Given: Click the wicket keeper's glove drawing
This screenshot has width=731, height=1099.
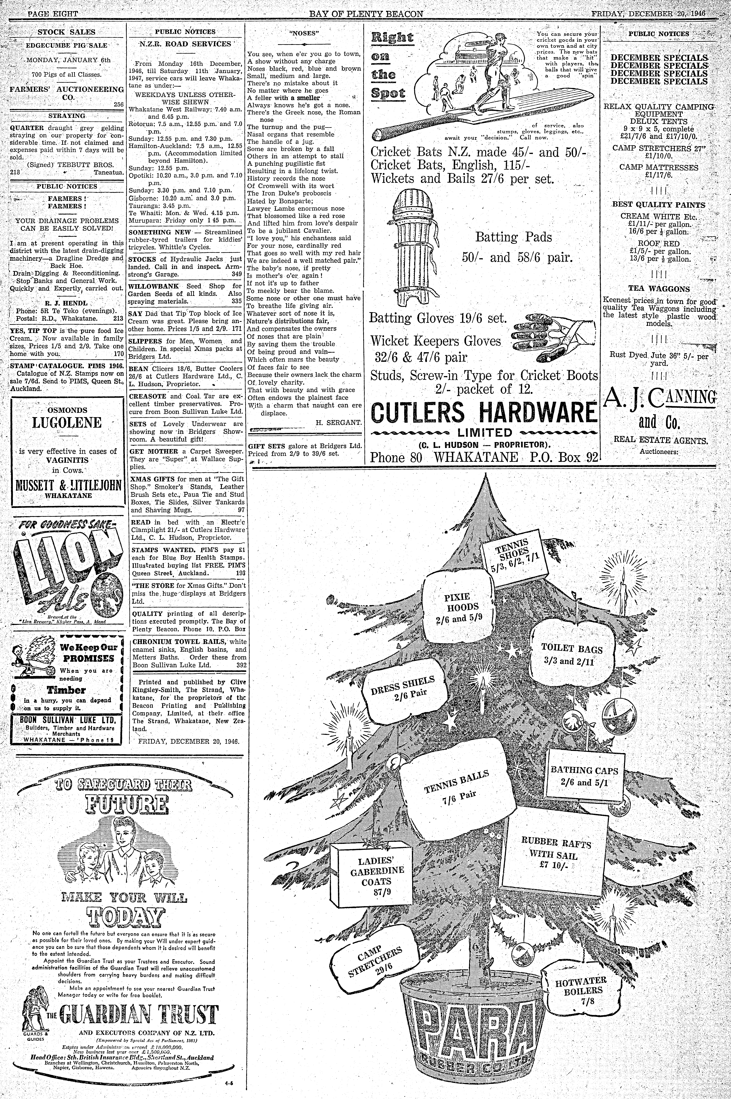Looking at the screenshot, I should pyautogui.click(x=553, y=337).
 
